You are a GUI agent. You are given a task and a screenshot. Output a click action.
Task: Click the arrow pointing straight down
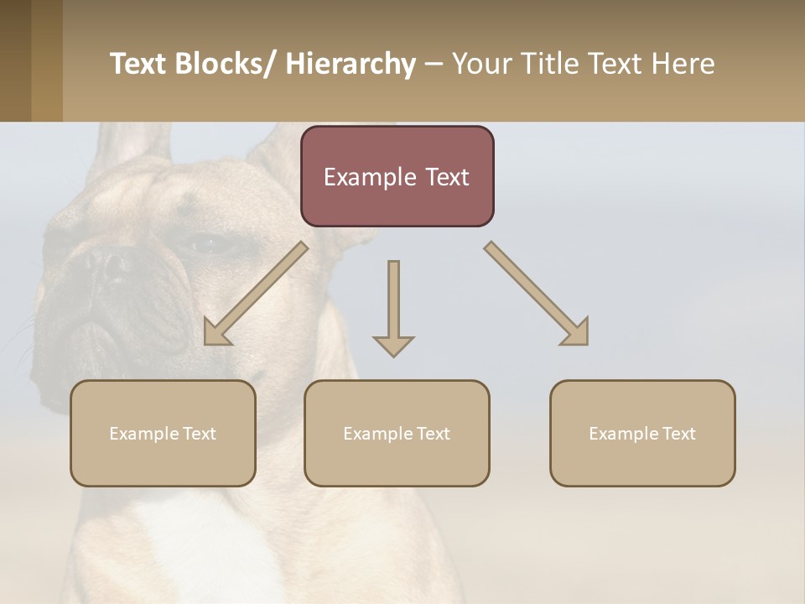tap(393, 310)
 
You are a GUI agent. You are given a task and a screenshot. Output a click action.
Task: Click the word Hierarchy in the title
tap(351, 64)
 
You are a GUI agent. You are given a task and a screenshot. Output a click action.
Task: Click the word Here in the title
tap(684, 64)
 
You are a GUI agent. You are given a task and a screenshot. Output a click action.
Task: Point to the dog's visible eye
tap(206, 246)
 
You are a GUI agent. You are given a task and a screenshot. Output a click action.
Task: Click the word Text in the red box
tap(440, 177)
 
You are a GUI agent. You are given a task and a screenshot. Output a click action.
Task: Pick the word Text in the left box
tap(199, 434)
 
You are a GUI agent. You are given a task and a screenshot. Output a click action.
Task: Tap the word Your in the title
tap(481, 64)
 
